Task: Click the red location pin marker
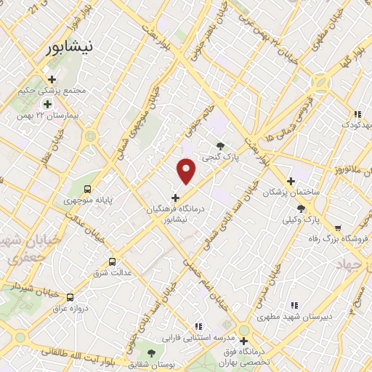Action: click(x=187, y=171)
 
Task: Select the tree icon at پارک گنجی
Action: click(x=221, y=146)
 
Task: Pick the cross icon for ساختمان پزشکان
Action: click(x=291, y=181)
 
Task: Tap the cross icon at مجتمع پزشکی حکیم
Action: click(x=51, y=80)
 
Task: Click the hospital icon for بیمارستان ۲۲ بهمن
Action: click(x=47, y=105)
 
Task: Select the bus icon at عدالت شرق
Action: click(x=112, y=262)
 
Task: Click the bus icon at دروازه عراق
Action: click(x=70, y=297)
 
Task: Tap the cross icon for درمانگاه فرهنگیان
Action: click(x=175, y=197)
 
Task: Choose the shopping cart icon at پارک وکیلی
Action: click(x=310, y=208)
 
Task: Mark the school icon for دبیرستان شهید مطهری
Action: click(x=294, y=306)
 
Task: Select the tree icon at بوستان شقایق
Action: click(x=152, y=353)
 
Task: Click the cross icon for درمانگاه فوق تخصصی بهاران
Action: click(x=244, y=340)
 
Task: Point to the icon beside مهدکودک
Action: click(x=357, y=114)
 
